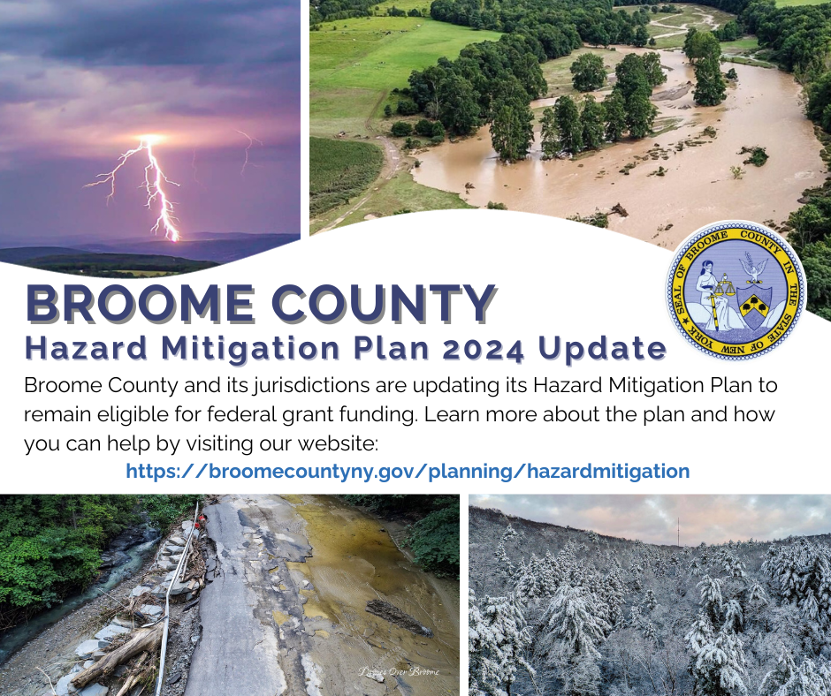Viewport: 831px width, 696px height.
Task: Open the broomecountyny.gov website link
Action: tap(408, 471)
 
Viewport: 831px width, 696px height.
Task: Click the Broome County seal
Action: tap(736, 291)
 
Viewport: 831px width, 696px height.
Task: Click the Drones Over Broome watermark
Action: tap(399, 672)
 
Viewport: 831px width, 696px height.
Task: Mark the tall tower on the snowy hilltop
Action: tap(678, 530)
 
